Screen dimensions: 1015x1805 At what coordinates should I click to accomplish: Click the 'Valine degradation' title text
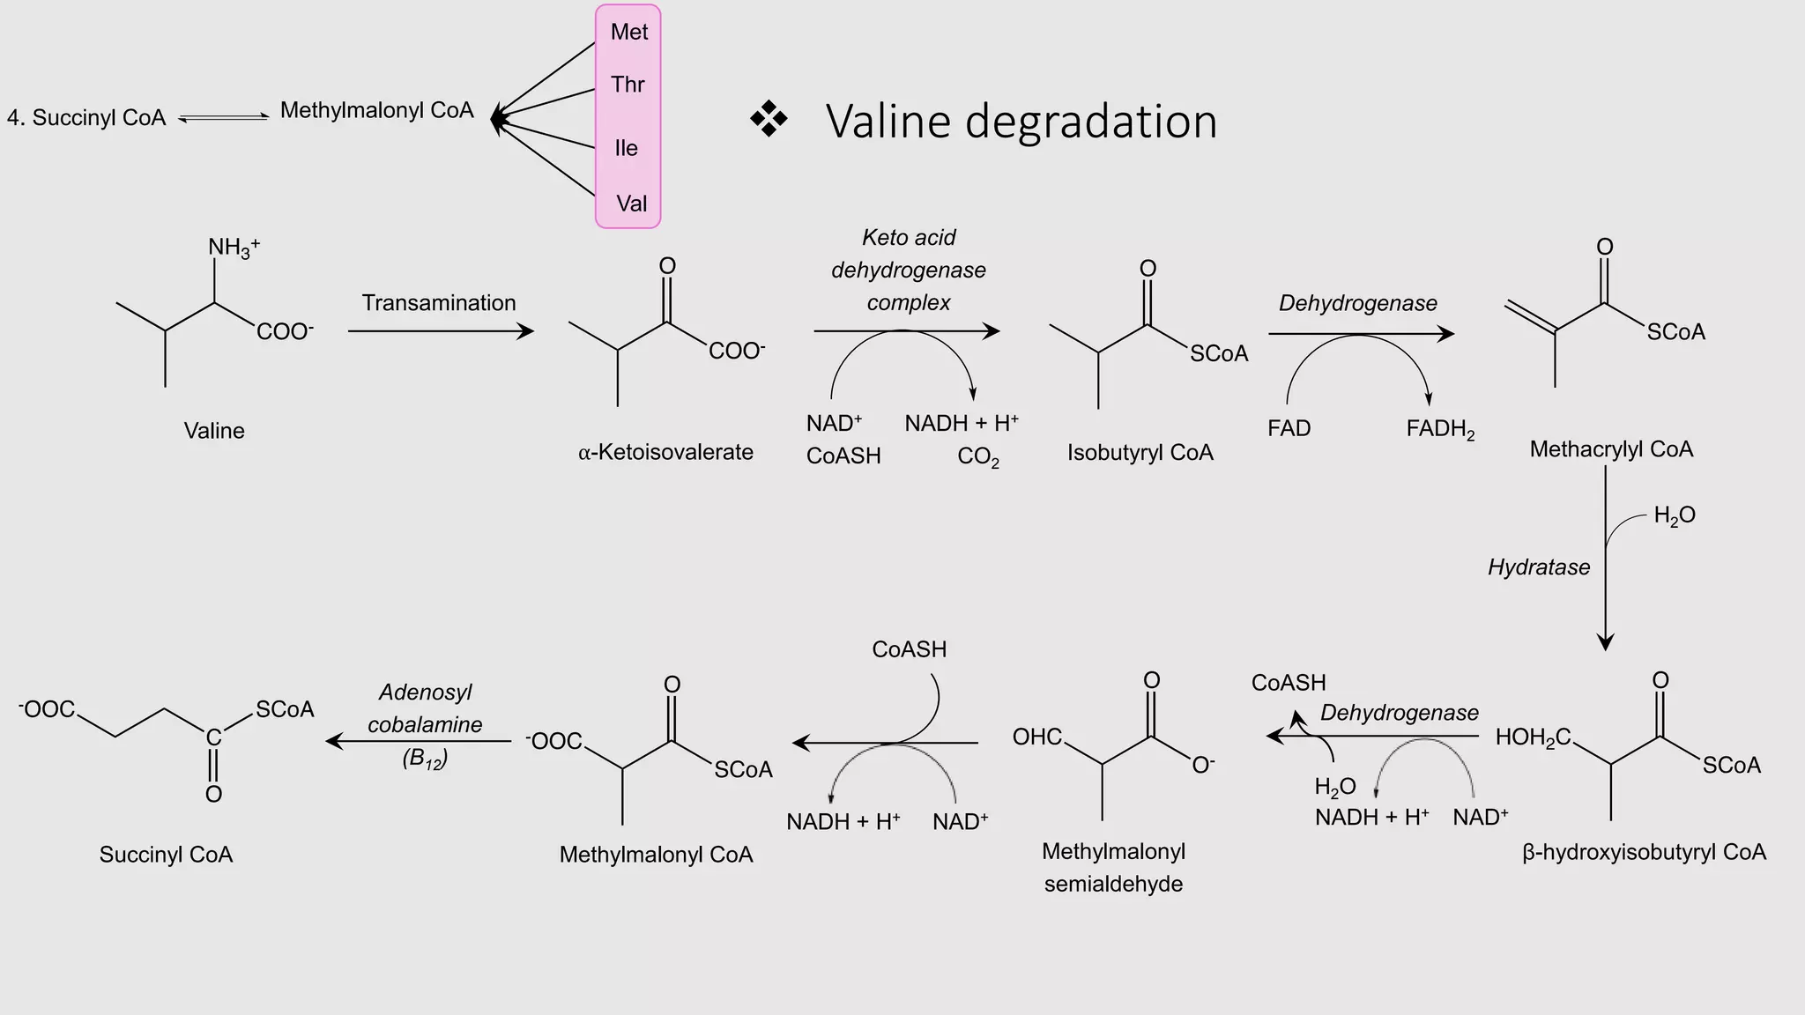[1021, 122]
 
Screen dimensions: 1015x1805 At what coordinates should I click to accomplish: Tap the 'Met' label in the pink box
[628, 32]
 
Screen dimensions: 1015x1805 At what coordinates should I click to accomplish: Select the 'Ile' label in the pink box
[626, 148]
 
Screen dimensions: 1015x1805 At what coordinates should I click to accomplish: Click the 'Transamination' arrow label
[439, 303]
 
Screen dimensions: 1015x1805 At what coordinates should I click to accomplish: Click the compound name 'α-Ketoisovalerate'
[665, 452]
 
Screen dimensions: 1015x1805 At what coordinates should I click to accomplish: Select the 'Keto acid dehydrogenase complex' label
[908, 270]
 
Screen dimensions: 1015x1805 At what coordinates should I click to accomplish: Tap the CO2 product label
[977, 457]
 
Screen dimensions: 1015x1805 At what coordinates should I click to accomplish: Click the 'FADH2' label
[1440, 429]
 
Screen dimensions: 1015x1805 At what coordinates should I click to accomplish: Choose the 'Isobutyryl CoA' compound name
[1140, 453]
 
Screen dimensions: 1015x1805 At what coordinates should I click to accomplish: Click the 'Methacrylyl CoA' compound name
[1611, 449]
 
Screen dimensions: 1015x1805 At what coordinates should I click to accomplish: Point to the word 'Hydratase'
[1538, 567]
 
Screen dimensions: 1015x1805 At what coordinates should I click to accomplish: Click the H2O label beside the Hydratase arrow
[1674, 515]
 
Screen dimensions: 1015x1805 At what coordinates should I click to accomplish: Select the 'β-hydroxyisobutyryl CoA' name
[1644, 853]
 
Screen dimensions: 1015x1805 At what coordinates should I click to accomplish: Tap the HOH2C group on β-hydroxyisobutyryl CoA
[1533, 737]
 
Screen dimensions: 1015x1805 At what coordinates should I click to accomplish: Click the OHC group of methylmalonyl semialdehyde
[1037, 737]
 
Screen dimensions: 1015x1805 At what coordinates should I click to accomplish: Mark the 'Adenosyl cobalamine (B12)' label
[425, 724]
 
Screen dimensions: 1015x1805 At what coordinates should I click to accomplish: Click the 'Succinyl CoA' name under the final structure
[166, 855]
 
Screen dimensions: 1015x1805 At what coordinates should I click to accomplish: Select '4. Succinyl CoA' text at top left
[86, 118]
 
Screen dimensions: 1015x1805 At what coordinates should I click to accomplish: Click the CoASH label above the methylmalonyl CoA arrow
[909, 649]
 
